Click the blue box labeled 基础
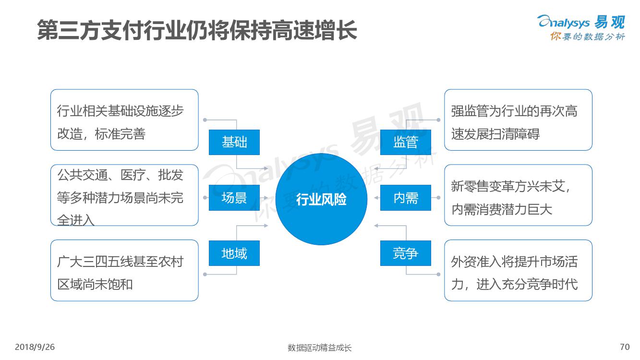pyautogui.click(x=234, y=142)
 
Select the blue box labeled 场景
pyautogui.click(x=234, y=198)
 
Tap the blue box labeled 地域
pyautogui.click(x=234, y=253)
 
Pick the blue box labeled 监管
pyautogui.click(x=405, y=142)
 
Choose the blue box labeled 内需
pyautogui.click(x=405, y=198)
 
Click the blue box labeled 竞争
pyautogui.click(x=405, y=253)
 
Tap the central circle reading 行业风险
pyautogui.click(x=321, y=199)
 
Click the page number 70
pyautogui.click(x=625, y=347)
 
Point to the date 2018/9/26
pyautogui.click(x=35, y=347)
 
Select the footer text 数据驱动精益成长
pyautogui.click(x=319, y=348)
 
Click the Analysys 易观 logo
pyautogui.click(x=581, y=22)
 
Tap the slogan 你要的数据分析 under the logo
pyautogui.click(x=588, y=36)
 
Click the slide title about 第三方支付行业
pyautogui.click(x=197, y=30)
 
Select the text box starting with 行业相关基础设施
pyautogui.click(x=124, y=120)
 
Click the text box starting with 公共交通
pyautogui.click(x=124, y=195)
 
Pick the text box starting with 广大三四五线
pyautogui.click(x=124, y=270)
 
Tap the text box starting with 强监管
pyautogui.click(x=518, y=120)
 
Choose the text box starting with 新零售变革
pyautogui.click(x=518, y=195)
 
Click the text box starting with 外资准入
pyautogui.click(x=518, y=270)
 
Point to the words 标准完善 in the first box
pyautogui.click(x=120, y=134)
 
